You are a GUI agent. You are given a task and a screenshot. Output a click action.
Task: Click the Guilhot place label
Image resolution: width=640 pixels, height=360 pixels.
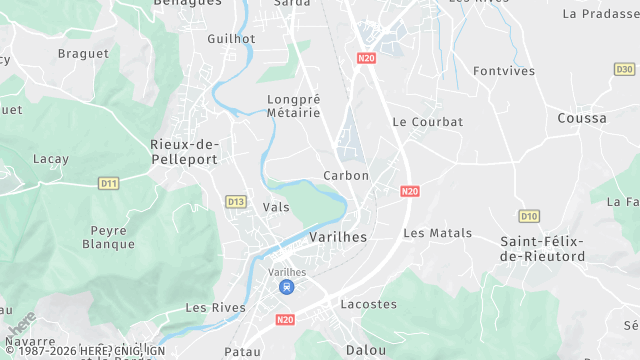point(231,38)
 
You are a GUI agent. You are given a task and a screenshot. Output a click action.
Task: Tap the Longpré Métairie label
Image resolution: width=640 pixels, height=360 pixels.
point(294,106)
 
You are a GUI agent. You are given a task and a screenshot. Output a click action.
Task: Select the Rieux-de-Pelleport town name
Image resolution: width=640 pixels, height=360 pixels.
point(184,151)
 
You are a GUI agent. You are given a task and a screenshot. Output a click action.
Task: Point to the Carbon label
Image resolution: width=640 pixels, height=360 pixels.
point(346,175)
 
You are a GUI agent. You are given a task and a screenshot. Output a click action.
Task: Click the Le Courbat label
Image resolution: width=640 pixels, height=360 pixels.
point(427,122)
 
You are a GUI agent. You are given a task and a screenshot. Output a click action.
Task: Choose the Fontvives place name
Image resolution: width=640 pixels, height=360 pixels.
point(504,71)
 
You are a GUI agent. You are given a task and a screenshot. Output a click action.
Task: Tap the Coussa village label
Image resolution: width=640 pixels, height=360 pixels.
point(582,118)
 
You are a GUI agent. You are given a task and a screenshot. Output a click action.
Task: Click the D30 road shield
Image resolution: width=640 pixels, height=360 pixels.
point(624,69)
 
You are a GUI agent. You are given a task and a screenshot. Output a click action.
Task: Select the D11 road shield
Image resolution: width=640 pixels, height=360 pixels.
point(109,183)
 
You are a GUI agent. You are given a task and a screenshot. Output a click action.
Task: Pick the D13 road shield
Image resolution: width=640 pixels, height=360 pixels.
point(236,201)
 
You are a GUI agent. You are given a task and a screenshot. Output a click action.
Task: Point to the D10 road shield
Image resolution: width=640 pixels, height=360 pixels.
point(529,215)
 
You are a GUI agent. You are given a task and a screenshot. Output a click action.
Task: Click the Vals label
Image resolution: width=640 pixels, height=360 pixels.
point(275,206)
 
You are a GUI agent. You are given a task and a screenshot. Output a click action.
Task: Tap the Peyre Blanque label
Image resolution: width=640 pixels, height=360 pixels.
point(108,237)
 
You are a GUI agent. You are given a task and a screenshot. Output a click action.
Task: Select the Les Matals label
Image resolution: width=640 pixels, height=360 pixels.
point(437,233)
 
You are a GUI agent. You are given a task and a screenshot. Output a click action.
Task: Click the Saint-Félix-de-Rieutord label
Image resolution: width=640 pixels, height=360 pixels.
point(541,249)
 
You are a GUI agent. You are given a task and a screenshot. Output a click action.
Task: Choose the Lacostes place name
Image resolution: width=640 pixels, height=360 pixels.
point(361,304)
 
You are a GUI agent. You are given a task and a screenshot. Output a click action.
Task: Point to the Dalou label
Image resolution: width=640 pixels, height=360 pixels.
point(364,350)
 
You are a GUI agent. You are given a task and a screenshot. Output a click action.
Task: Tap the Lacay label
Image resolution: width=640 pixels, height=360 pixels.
point(50,159)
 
